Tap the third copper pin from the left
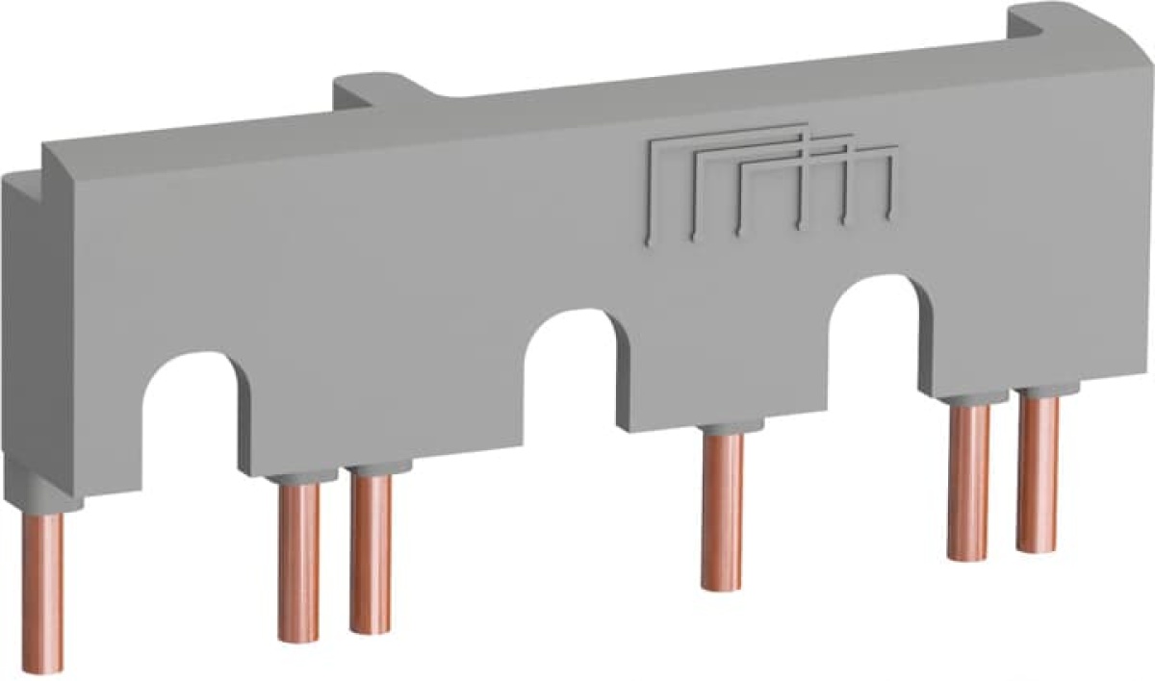click(x=371, y=553)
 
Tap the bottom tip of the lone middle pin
click(x=722, y=583)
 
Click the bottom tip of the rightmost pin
click(x=1038, y=546)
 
